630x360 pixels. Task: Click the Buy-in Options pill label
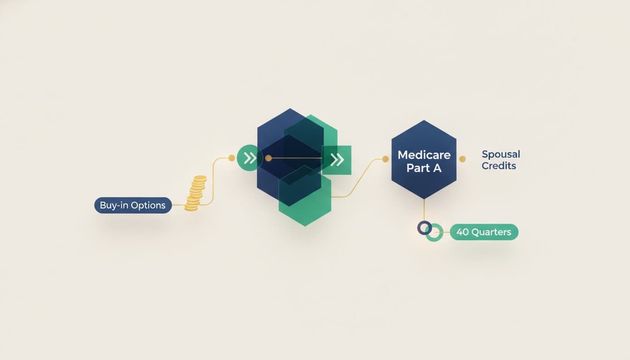click(x=133, y=205)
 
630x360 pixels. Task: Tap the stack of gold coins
click(x=195, y=193)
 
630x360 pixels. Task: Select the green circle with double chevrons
click(x=250, y=158)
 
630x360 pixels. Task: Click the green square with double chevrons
click(x=337, y=160)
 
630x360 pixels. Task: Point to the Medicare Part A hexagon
click(x=424, y=159)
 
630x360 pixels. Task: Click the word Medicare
click(x=424, y=155)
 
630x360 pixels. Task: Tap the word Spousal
click(x=501, y=154)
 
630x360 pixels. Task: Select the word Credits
click(x=499, y=165)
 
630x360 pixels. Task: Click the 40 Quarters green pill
click(x=484, y=232)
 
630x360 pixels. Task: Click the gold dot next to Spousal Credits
click(x=462, y=159)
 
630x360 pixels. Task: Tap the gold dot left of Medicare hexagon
click(x=386, y=159)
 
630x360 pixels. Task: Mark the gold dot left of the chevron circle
click(x=232, y=158)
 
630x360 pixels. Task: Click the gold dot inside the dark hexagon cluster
click(x=269, y=158)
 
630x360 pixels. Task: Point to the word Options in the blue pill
click(x=149, y=206)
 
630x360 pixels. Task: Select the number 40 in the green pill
click(x=463, y=232)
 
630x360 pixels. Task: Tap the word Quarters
click(x=491, y=232)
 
